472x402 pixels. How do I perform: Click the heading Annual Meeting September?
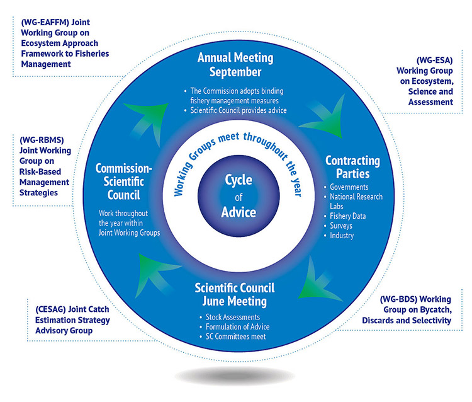point(235,64)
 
